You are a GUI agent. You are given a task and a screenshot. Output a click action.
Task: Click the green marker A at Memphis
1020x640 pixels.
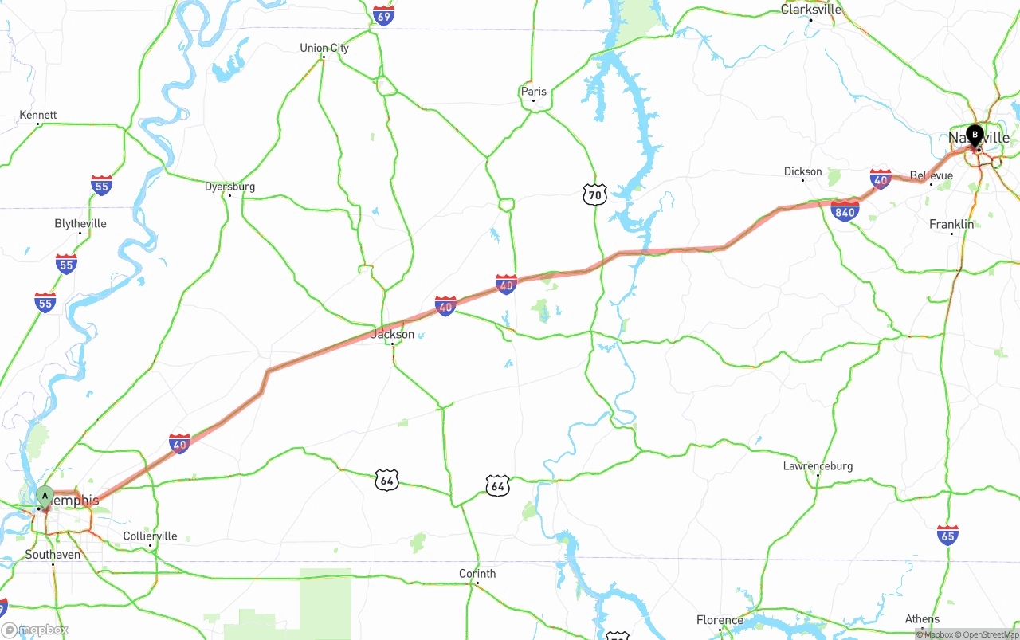click(45, 497)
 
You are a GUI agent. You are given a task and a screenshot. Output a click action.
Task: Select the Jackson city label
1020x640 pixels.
click(393, 334)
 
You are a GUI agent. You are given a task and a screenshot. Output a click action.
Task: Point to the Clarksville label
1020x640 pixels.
click(811, 10)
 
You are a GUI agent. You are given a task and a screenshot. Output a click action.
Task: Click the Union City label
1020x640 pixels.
click(324, 48)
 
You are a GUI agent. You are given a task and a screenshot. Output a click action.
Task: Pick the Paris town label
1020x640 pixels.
click(534, 92)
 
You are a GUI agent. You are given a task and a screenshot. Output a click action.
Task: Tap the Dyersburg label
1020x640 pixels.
click(229, 187)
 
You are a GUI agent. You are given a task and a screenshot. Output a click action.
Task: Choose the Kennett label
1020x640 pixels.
click(38, 115)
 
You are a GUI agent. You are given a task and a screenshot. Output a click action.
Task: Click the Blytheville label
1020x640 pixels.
click(80, 223)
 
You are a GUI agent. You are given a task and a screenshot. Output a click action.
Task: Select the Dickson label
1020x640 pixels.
click(802, 171)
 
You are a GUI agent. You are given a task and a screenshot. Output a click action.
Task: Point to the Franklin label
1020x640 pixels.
click(951, 224)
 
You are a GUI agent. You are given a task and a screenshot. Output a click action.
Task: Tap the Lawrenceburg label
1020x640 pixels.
click(818, 465)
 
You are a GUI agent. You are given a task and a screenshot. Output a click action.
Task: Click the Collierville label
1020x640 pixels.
click(150, 536)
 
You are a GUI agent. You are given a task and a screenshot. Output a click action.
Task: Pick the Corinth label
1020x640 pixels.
click(477, 574)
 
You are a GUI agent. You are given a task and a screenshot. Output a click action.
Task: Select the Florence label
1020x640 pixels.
click(720, 620)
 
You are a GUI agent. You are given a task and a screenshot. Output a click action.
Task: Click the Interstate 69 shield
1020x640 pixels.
click(384, 15)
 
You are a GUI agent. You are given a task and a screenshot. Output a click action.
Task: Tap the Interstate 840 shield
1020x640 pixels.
click(845, 211)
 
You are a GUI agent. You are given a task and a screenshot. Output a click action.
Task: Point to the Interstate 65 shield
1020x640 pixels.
click(947, 535)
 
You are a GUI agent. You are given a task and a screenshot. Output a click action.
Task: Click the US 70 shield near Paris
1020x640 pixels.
click(594, 194)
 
